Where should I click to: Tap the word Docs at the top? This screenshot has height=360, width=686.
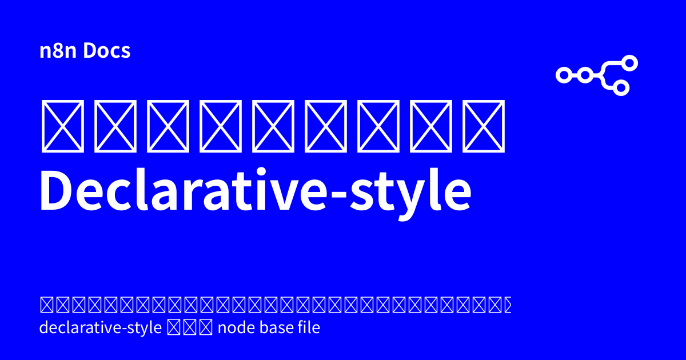click(x=107, y=51)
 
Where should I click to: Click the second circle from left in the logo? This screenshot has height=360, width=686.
click(x=584, y=74)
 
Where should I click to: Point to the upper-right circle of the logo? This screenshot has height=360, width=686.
click(x=629, y=63)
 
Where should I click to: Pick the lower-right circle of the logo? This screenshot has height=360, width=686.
click(x=622, y=87)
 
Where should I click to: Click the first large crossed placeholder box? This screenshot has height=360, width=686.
click(x=63, y=126)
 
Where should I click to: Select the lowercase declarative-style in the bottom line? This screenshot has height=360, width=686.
click(x=101, y=329)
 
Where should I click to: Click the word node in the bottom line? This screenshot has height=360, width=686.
click(x=233, y=329)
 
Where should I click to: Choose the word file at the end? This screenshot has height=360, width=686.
click(x=306, y=329)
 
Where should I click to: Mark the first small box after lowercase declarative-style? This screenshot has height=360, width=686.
click(x=174, y=329)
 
